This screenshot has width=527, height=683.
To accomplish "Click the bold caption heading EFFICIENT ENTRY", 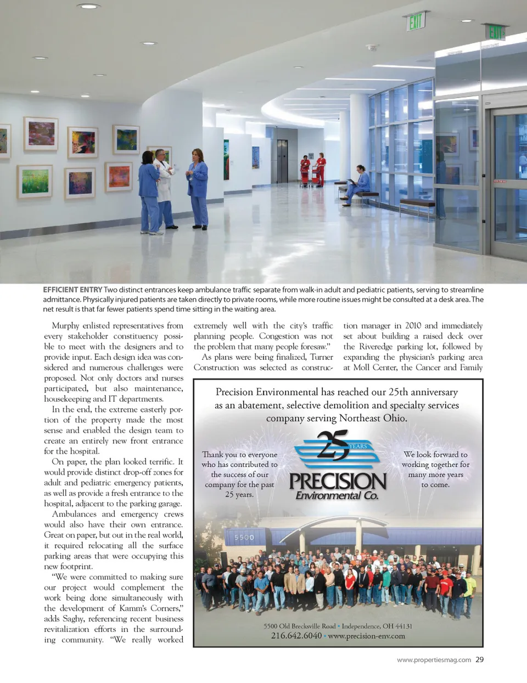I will coord(72,290).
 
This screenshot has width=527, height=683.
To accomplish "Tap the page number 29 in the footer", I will coord(479,659).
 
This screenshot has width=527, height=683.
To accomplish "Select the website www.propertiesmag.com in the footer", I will coord(434,660).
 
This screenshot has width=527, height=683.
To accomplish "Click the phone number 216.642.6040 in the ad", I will coord(296,636).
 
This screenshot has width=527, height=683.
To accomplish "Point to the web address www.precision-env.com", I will coord(366,636).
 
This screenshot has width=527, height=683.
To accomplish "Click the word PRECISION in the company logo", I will coord(338,481).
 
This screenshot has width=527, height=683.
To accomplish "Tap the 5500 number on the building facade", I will coord(244,537).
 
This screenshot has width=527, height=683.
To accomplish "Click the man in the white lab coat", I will coord(163,187).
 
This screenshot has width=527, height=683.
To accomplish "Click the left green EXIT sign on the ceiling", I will coord(416,22).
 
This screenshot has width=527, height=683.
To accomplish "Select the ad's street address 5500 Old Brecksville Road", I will coord(299,626).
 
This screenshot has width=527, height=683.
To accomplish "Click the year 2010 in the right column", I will coord(413,326).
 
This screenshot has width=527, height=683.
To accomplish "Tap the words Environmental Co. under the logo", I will coord(337,495).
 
